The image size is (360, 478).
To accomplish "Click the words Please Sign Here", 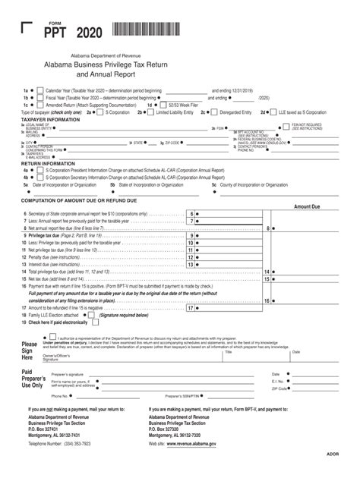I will [30, 351].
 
